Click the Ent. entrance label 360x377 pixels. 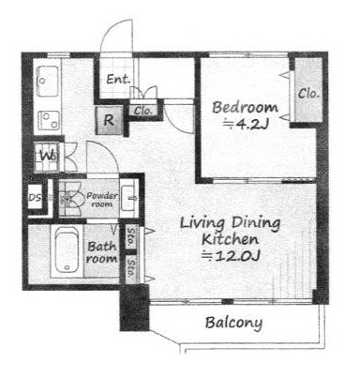(118, 80)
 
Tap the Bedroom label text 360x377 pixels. (245, 108)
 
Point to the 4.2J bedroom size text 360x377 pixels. (246, 125)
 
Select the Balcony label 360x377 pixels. (233, 323)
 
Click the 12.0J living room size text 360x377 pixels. (232, 257)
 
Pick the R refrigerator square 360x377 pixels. (109, 120)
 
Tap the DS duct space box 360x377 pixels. (35, 197)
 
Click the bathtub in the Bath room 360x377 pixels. (67, 249)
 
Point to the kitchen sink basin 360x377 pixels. (48, 81)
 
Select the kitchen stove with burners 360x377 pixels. (49, 120)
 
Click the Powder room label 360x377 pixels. (102, 200)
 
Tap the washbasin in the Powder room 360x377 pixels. (128, 198)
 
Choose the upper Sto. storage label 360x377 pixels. (131, 236)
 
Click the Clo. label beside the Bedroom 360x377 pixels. (308, 93)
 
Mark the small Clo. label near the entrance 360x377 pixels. (143, 111)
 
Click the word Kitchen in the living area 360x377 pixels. (231, 240)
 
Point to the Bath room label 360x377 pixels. (102, 252)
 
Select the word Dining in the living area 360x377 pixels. (256, 224)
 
